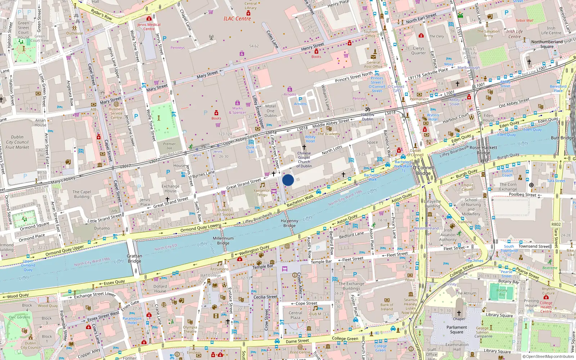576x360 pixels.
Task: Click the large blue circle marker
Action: (288, 180)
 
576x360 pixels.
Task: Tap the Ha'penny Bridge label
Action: (289, 223)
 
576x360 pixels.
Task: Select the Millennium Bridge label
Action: (223, 240)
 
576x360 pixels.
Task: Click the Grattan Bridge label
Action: (134, 258)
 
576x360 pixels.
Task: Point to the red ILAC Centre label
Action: (237, 19)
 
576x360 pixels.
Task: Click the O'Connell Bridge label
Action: (423, 170)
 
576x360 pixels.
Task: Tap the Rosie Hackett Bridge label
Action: (483, 150)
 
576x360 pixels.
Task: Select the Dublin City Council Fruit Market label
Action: (17, 142)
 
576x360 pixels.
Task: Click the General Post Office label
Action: (373, 64)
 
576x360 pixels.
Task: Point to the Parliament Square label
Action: (456, 329)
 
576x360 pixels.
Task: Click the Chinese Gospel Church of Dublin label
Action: (304, 159)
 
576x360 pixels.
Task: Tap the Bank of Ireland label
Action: (387, 307)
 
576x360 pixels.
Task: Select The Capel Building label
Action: (82, 194)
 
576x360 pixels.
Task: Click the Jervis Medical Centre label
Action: (149, 27)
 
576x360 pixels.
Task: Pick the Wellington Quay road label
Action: (254, 249)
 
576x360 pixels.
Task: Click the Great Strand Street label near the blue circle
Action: (243, 184)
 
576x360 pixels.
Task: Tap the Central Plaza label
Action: (295, 315)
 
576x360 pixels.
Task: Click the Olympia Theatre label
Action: (190, 329)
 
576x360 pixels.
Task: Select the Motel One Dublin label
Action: (270, 111)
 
